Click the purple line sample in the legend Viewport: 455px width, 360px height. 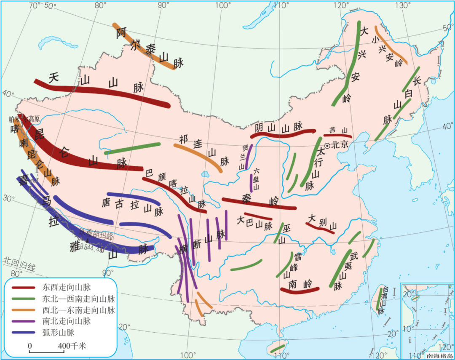coord(23,321)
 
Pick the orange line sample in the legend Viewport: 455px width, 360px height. coord(23,310)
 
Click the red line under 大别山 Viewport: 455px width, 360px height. coord(320,228)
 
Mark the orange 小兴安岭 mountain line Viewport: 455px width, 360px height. coord(390,44)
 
